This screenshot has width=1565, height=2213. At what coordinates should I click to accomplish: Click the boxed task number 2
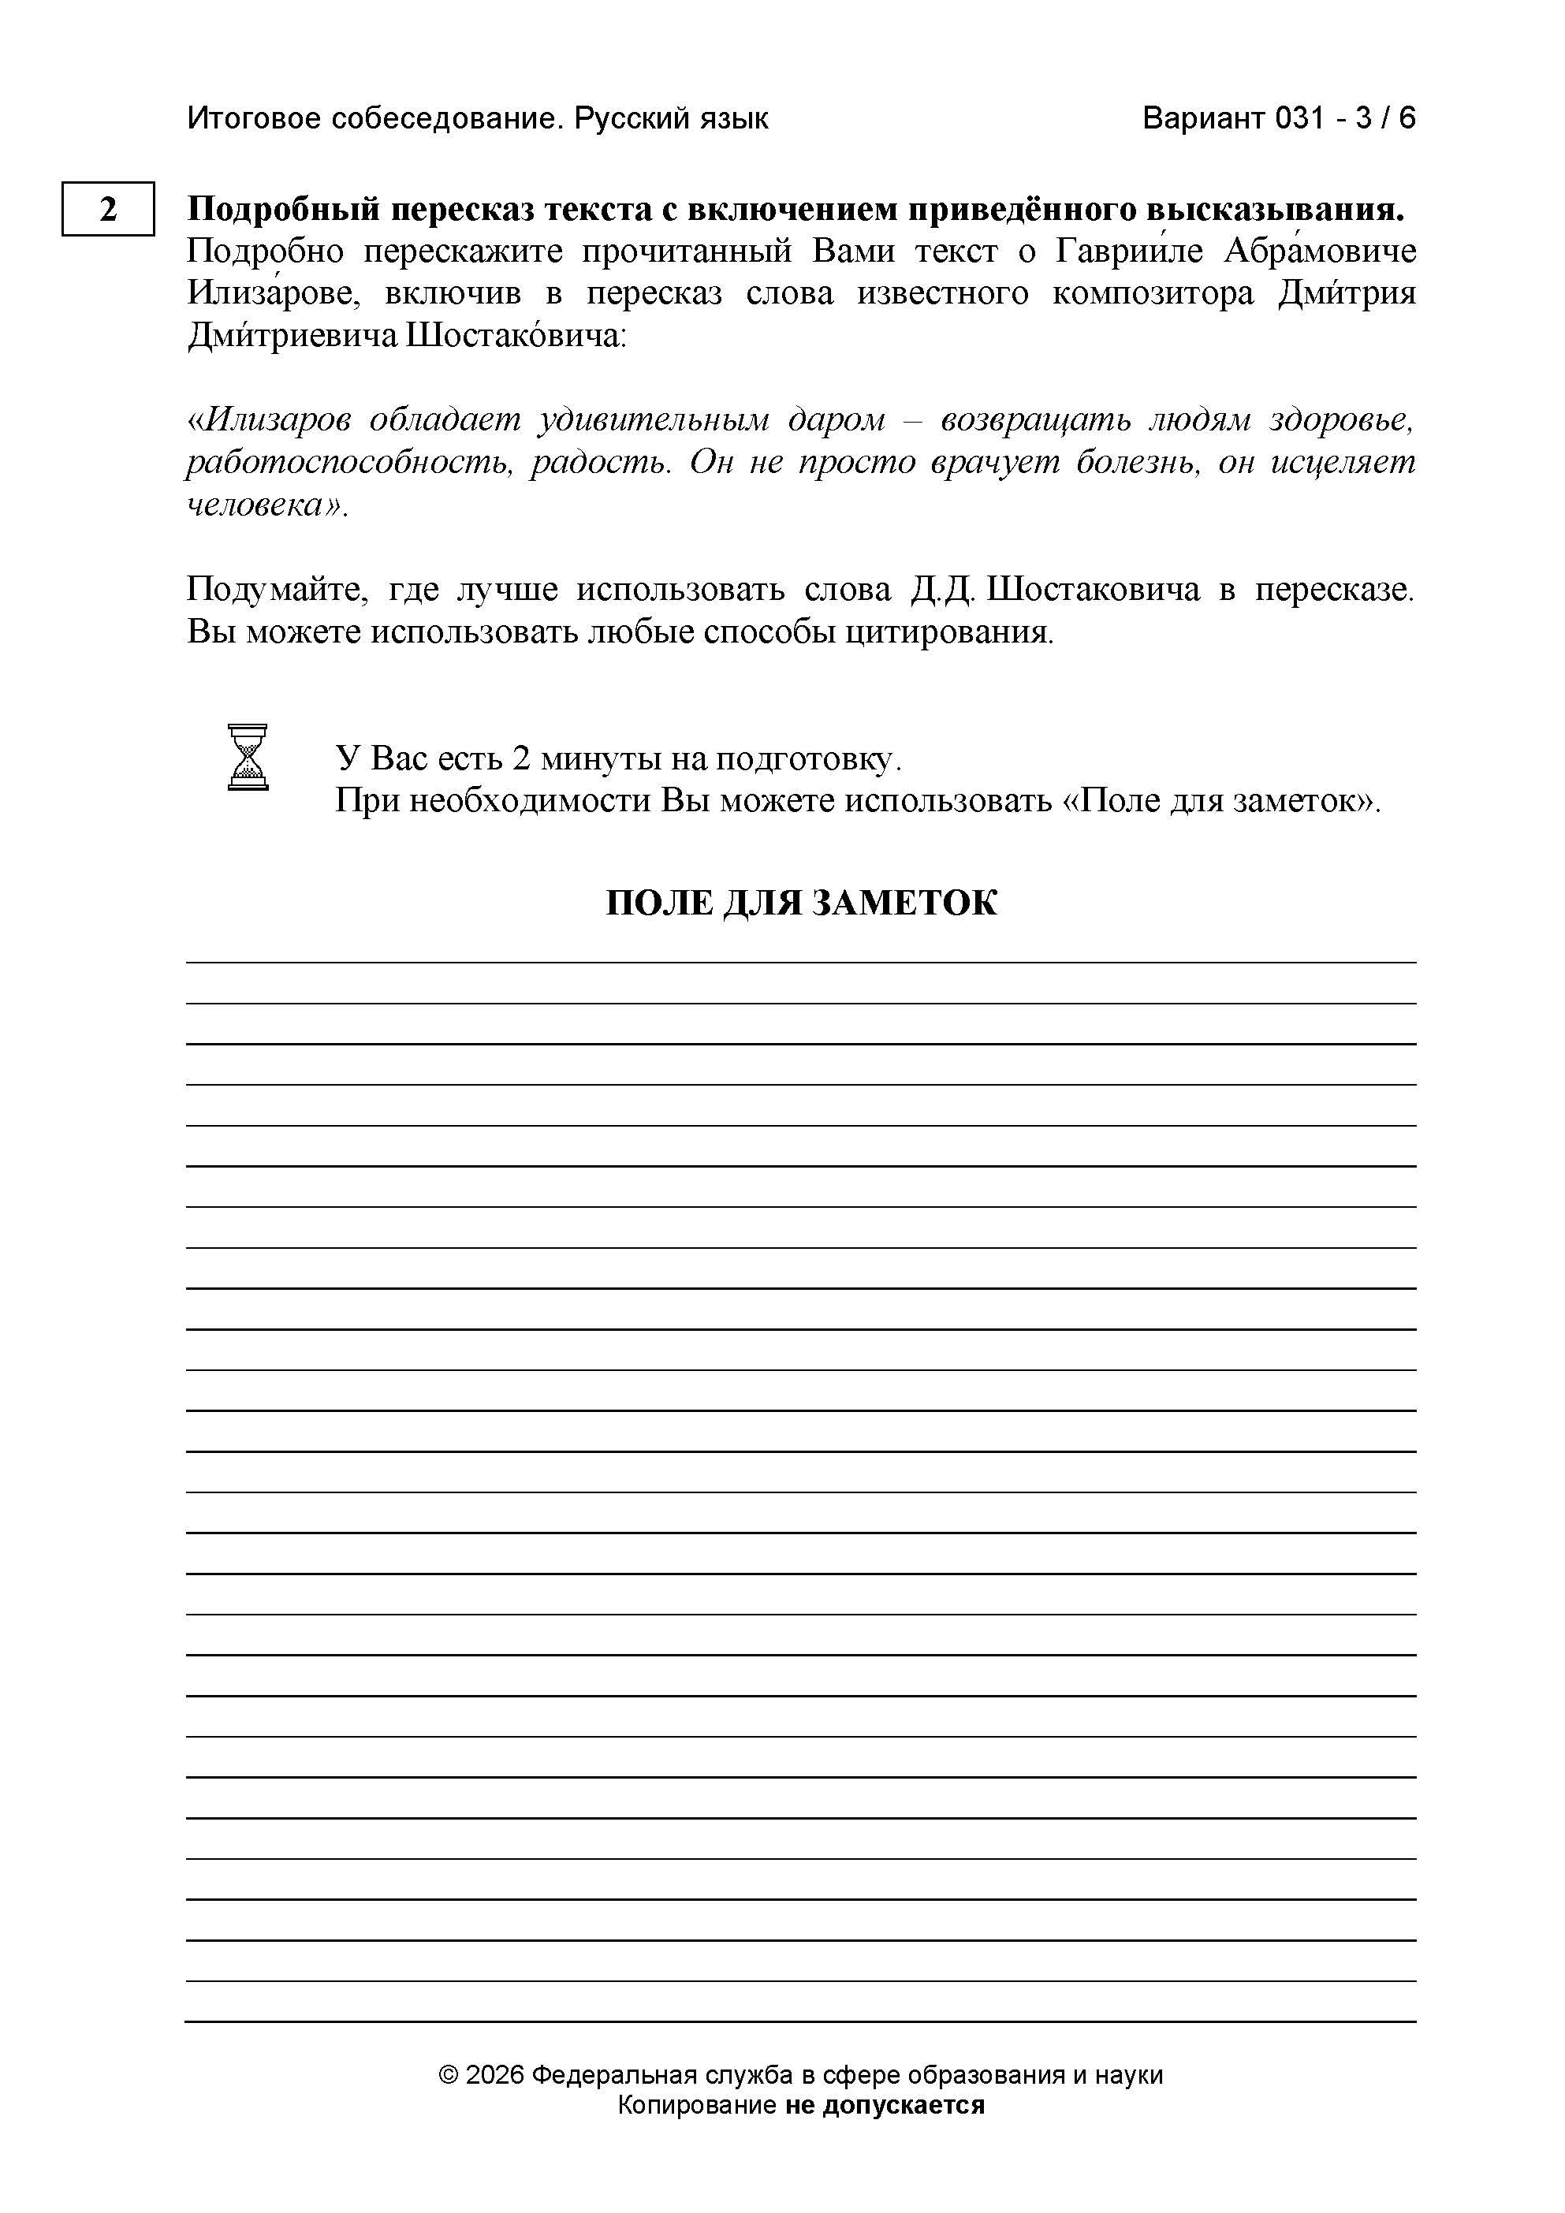108,208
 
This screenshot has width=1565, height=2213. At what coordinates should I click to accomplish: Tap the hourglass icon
248,758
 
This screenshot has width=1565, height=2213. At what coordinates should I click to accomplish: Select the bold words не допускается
885,2105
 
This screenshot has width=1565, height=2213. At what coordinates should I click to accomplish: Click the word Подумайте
278,590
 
